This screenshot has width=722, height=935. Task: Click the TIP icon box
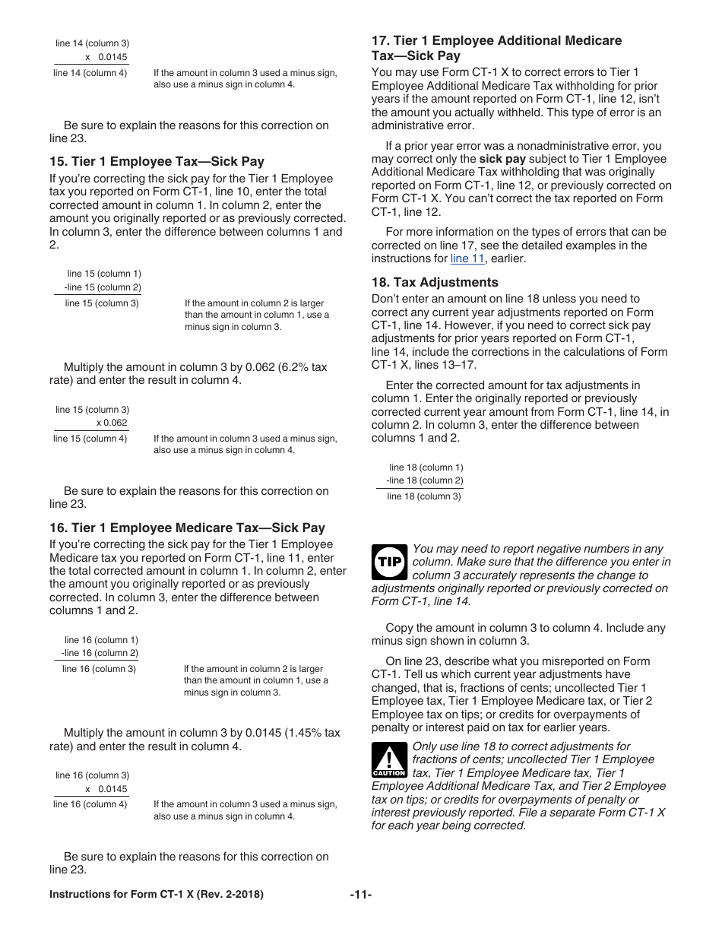(x=390, y=562)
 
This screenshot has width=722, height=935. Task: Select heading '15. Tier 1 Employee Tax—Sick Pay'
(x=157, y=161)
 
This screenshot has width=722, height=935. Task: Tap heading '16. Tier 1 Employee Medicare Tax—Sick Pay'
(x=187, y=528)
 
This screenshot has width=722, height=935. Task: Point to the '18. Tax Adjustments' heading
(x=435, y=282)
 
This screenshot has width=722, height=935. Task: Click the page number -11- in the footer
(x=360, y=895)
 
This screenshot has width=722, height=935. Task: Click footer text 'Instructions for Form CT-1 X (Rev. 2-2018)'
(x=157, y=895)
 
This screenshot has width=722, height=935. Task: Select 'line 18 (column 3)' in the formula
(x=424, y=496)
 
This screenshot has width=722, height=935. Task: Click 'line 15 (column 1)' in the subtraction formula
(x=104, y=274)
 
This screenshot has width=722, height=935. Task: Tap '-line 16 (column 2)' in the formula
(x=100, y=653)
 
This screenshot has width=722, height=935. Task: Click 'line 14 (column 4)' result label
(x=90, y=73)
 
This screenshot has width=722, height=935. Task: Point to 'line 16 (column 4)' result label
(x=90, y=803)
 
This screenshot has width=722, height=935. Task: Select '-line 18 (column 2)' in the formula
(x=424, y=480)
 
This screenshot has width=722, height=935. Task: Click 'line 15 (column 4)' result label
(x=90, y=438)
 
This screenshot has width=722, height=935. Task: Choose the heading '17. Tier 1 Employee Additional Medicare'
(x=496, y=40)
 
